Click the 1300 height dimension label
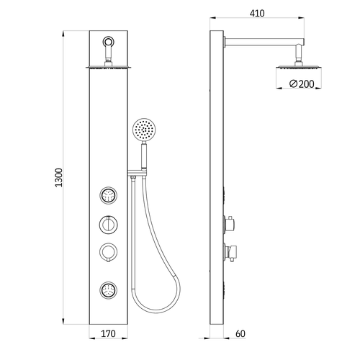59,178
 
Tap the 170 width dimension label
108,333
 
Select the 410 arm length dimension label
257,13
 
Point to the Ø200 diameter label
302,84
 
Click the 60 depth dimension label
240,333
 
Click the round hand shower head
144,130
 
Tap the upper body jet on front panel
108,196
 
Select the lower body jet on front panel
108,290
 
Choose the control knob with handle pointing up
108,225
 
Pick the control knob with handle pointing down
108,253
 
